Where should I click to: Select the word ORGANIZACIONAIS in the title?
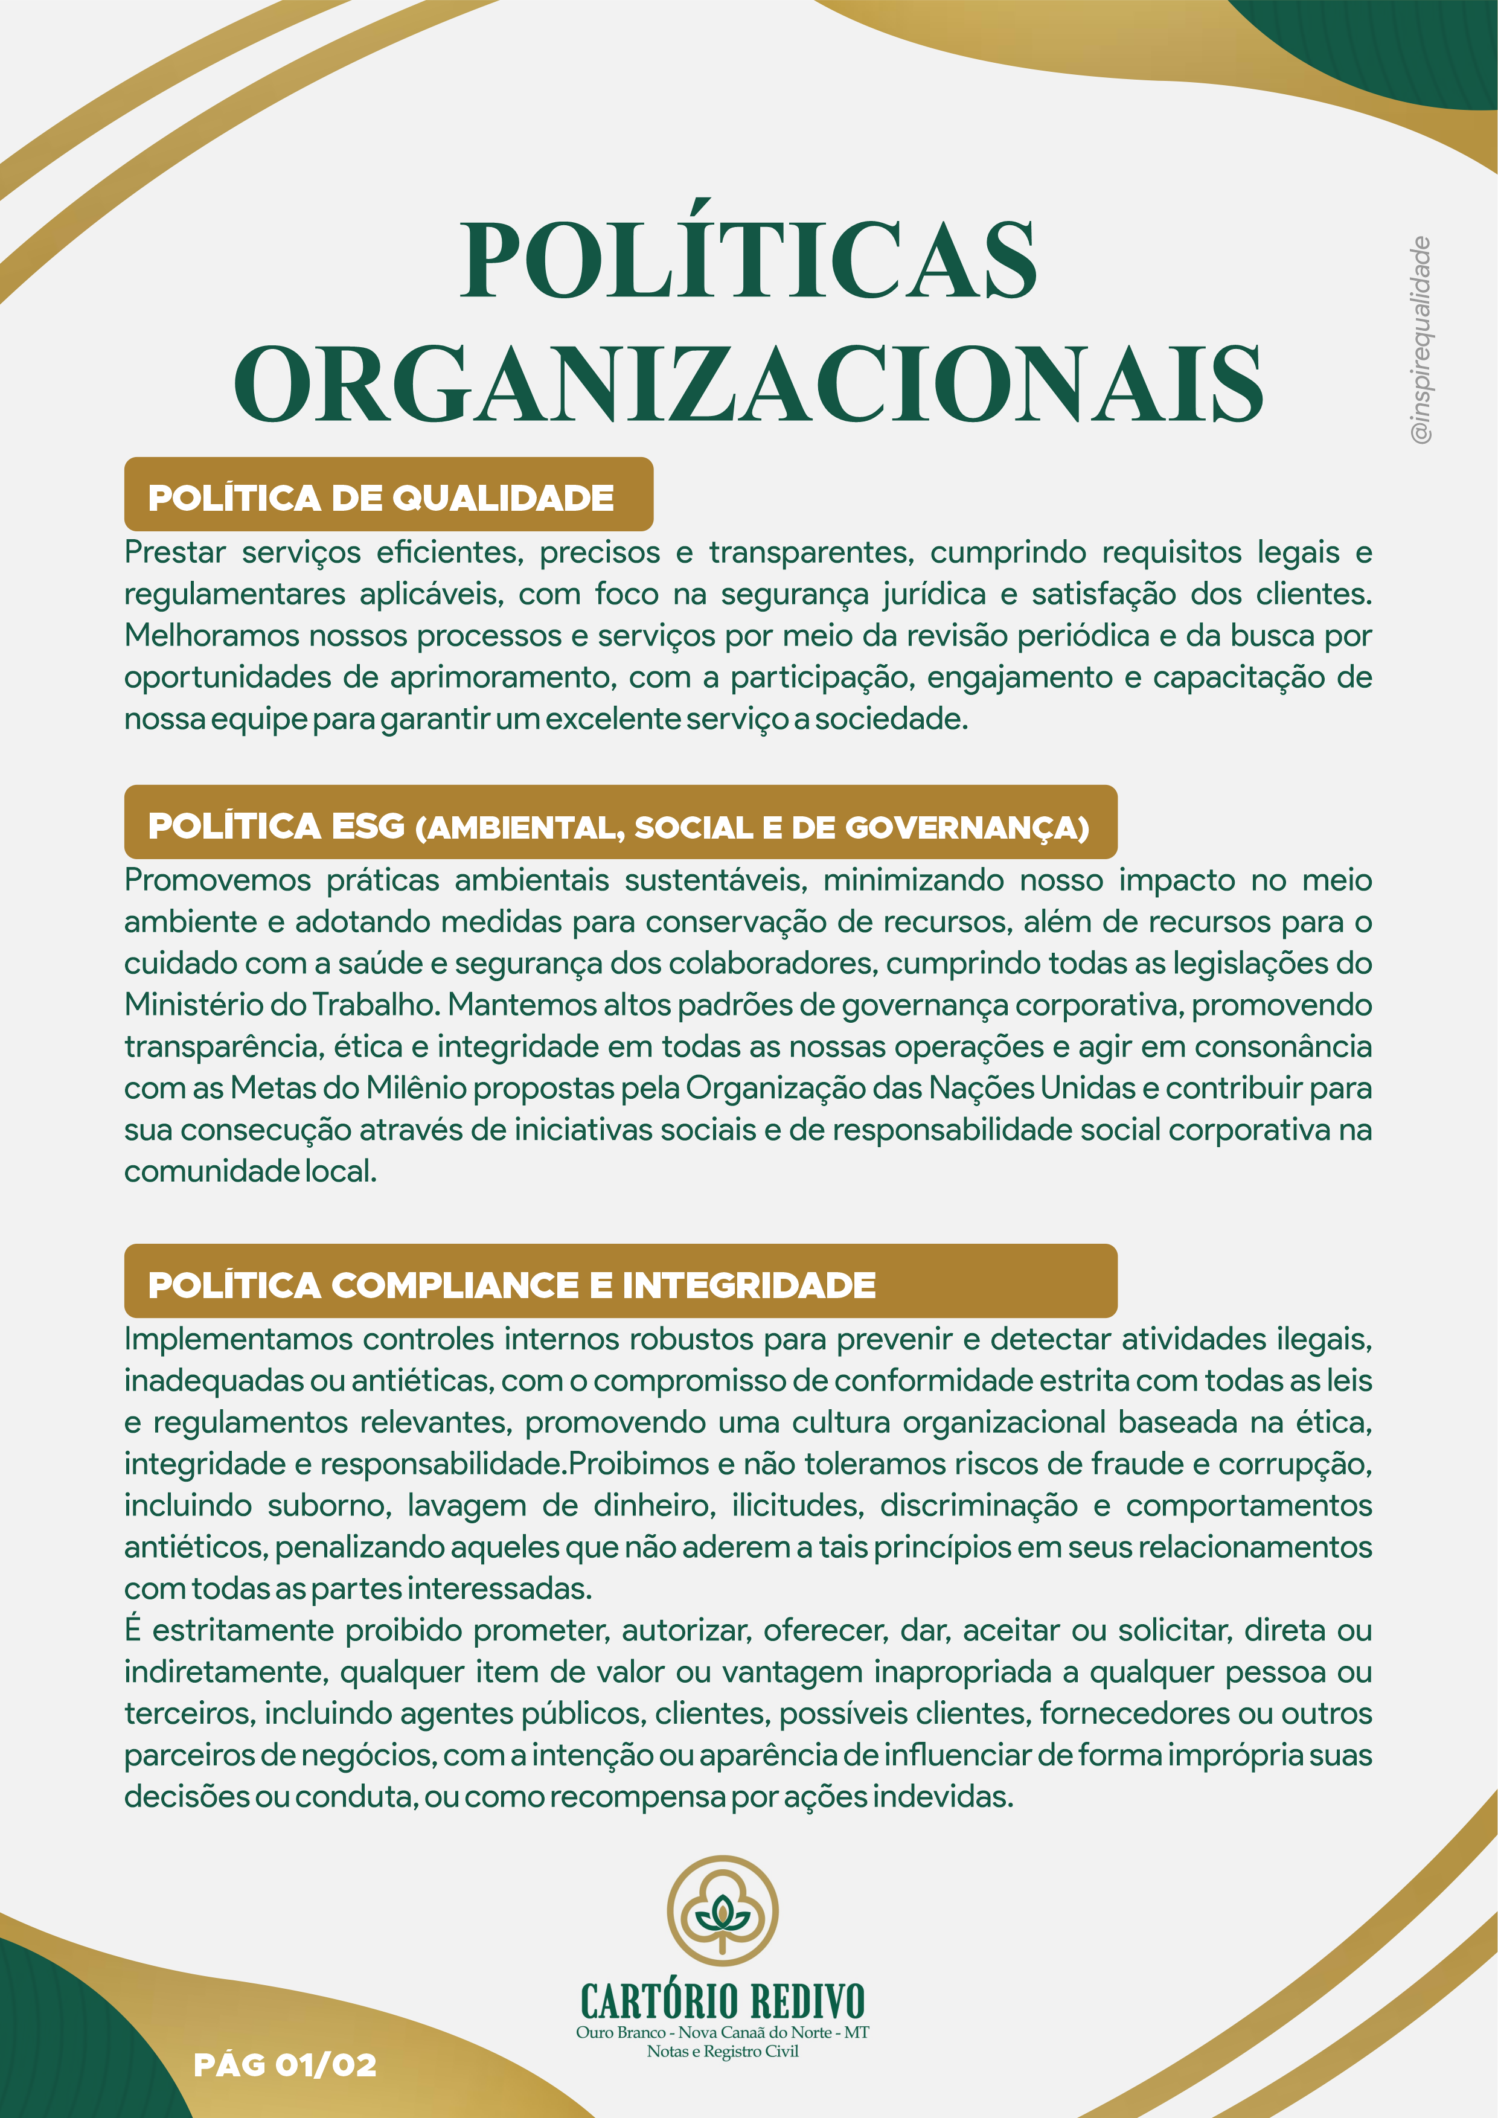[748, 384]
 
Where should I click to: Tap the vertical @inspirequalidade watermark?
[1421, 339]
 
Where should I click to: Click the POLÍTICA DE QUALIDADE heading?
[381, 498]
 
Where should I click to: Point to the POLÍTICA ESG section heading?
[618, 827]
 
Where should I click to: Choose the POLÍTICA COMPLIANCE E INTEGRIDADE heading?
[512, 1285]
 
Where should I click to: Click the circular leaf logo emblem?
[722, 1910]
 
